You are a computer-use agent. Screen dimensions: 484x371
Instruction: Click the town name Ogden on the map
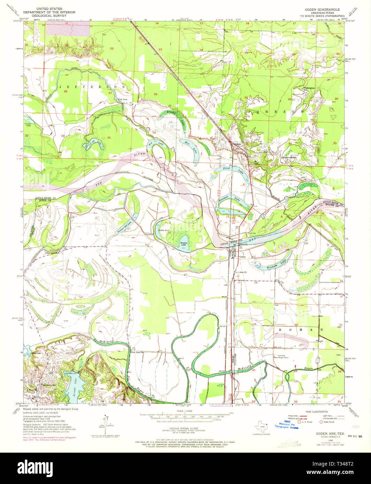coord(237,143)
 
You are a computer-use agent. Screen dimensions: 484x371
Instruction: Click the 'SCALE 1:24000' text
coord(185,411)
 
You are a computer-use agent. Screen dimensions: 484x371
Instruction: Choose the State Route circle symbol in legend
coord(321,422)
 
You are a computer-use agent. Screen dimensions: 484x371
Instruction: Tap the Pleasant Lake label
coord(232,200)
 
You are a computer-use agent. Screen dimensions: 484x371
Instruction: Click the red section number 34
coord(109,137)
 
